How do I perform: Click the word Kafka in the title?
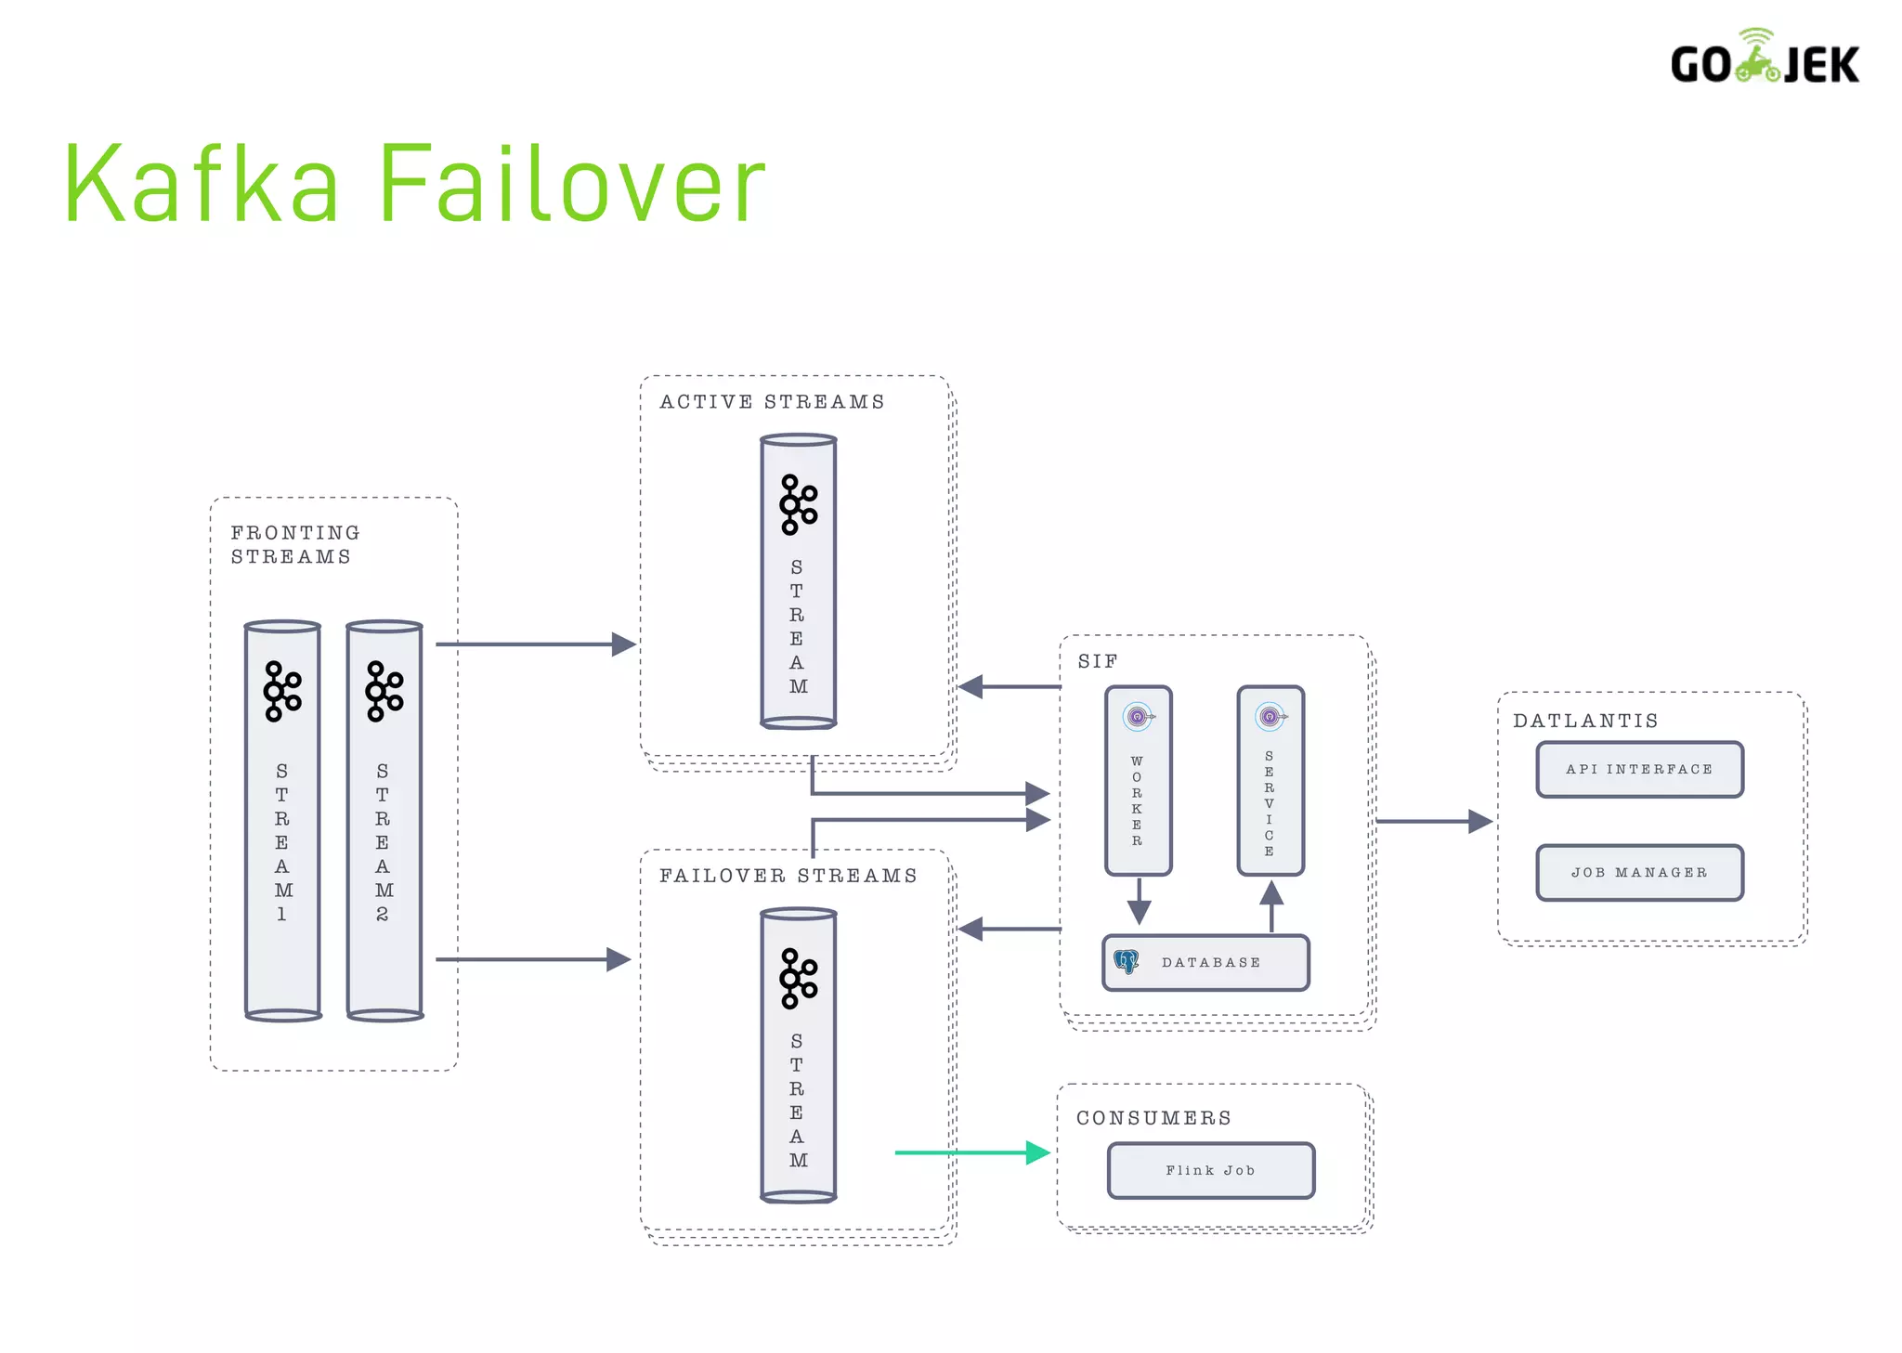click(202, 184)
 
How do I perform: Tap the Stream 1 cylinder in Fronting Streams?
click(282, 821)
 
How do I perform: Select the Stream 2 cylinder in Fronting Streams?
click(384, 821)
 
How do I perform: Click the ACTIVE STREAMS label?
click(772, 402)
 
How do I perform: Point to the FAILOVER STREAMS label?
click(788, 876)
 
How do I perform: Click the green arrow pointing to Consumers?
click(970, 1152)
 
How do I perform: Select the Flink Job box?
click(1210, 1171)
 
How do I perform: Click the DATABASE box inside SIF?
click(1206, 963)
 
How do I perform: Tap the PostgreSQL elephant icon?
click(1127, 962)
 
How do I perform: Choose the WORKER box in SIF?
click(1138, 781)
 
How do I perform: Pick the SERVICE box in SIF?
click(1270, 781)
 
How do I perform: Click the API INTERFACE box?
click(1639, 770)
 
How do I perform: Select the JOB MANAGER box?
click(1639, 873)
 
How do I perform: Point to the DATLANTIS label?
click(1585, 721)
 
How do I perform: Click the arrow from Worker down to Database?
click(1140, 900)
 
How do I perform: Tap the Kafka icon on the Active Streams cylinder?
click(798, 504)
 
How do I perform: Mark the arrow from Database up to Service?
click(1271, 905)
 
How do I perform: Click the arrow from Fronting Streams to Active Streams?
click(534, 644)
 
